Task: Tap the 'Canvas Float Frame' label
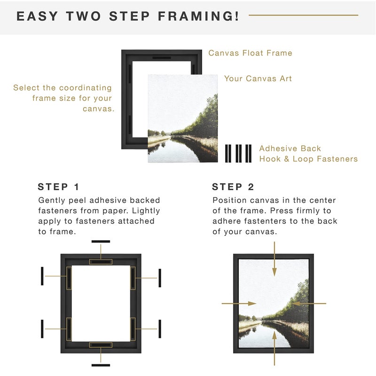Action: (250, 53)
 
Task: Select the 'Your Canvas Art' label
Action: (258, 78)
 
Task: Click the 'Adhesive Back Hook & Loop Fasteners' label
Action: (308, 154)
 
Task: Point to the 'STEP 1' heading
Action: (59, 187)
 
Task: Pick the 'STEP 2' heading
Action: (234, 187)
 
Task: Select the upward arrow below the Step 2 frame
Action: (274, 353)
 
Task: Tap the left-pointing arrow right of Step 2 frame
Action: (310, 304)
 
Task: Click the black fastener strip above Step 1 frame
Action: (101, 242)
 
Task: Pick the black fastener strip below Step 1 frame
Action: (101, 365)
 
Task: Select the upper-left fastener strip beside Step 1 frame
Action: (42, 276)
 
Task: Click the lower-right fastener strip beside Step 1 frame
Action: (160, 329)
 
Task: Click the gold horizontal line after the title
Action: (303, 15)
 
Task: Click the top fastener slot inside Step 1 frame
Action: (101, 261)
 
